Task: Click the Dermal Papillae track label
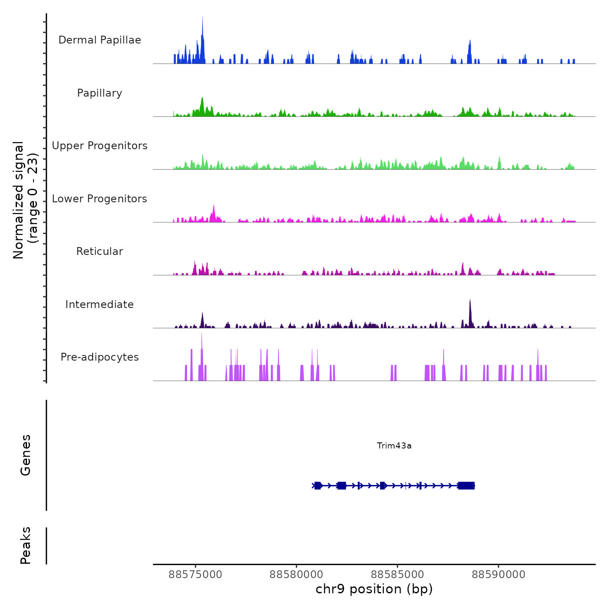pos(100,40)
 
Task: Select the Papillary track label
pos(100,93)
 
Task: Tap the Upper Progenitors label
pos(100,146)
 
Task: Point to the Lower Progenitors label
pos(100,199)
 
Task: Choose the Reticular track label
pos(100,251)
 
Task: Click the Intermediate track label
pos(100,304)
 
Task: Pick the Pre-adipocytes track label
pos(100,357)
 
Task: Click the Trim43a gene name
pos(394,445)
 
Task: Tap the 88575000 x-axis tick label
pos(195,575)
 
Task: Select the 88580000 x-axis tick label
pos(297,575)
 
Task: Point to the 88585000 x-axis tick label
pos(398,575)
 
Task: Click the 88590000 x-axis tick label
pos(499,575)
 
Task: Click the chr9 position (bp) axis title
pos(374,589)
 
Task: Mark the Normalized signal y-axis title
pos(25,200)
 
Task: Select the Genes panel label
pos(26,455)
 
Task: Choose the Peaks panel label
pos(26,545)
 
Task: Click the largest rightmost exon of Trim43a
pos(466,486)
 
